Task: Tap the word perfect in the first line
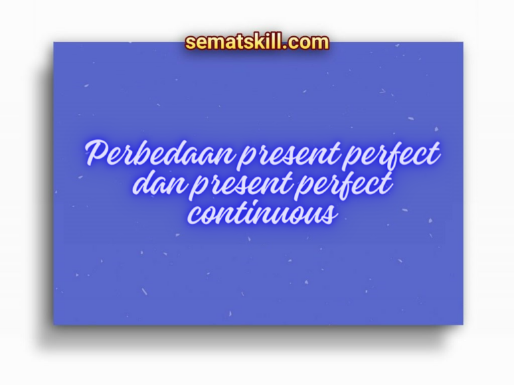pos(390,156)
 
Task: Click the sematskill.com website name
pos(257,42)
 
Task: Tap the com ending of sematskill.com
pos(310,43)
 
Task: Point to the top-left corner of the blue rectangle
pos(54,43)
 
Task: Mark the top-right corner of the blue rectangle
pos(462,43)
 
